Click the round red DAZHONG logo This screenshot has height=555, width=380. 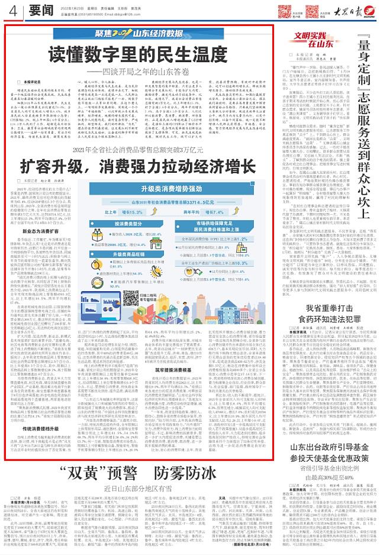point(371,11)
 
